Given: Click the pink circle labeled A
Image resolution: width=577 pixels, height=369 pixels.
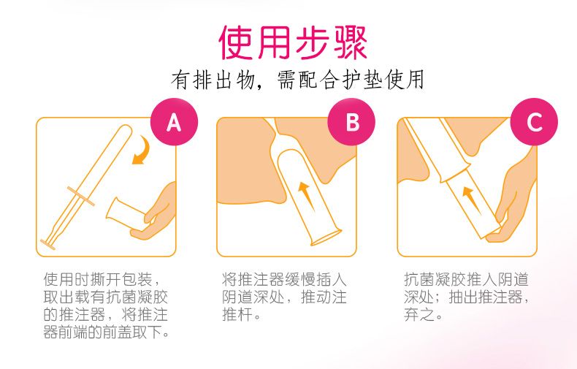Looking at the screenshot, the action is point(174,122).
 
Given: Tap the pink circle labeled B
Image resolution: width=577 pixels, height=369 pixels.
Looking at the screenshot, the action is point(351,122).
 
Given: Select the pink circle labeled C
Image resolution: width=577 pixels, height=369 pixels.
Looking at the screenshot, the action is point(534,122).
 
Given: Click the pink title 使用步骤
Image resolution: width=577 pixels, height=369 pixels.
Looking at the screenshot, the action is point(293,42).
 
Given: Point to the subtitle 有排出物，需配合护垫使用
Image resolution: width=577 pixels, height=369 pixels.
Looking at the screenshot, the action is point(298,80).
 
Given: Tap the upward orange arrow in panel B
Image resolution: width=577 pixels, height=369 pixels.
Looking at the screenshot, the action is point(307,195).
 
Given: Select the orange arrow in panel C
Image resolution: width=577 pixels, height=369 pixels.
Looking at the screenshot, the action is point(471,199).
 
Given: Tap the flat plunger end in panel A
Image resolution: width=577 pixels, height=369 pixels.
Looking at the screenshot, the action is point(47,245).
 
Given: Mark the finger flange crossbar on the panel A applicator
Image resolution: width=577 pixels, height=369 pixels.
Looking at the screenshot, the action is point(80,196).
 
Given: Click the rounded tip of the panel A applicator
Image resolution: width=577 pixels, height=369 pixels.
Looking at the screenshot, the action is point(126,130).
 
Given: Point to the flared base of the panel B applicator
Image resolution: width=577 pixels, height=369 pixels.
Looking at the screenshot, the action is point(326,237).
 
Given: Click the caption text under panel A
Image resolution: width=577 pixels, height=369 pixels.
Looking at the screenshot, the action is point(106,305).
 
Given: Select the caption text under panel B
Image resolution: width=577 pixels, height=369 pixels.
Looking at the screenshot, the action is point(284,297).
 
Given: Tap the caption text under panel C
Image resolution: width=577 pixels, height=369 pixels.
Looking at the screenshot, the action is point(466,297).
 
